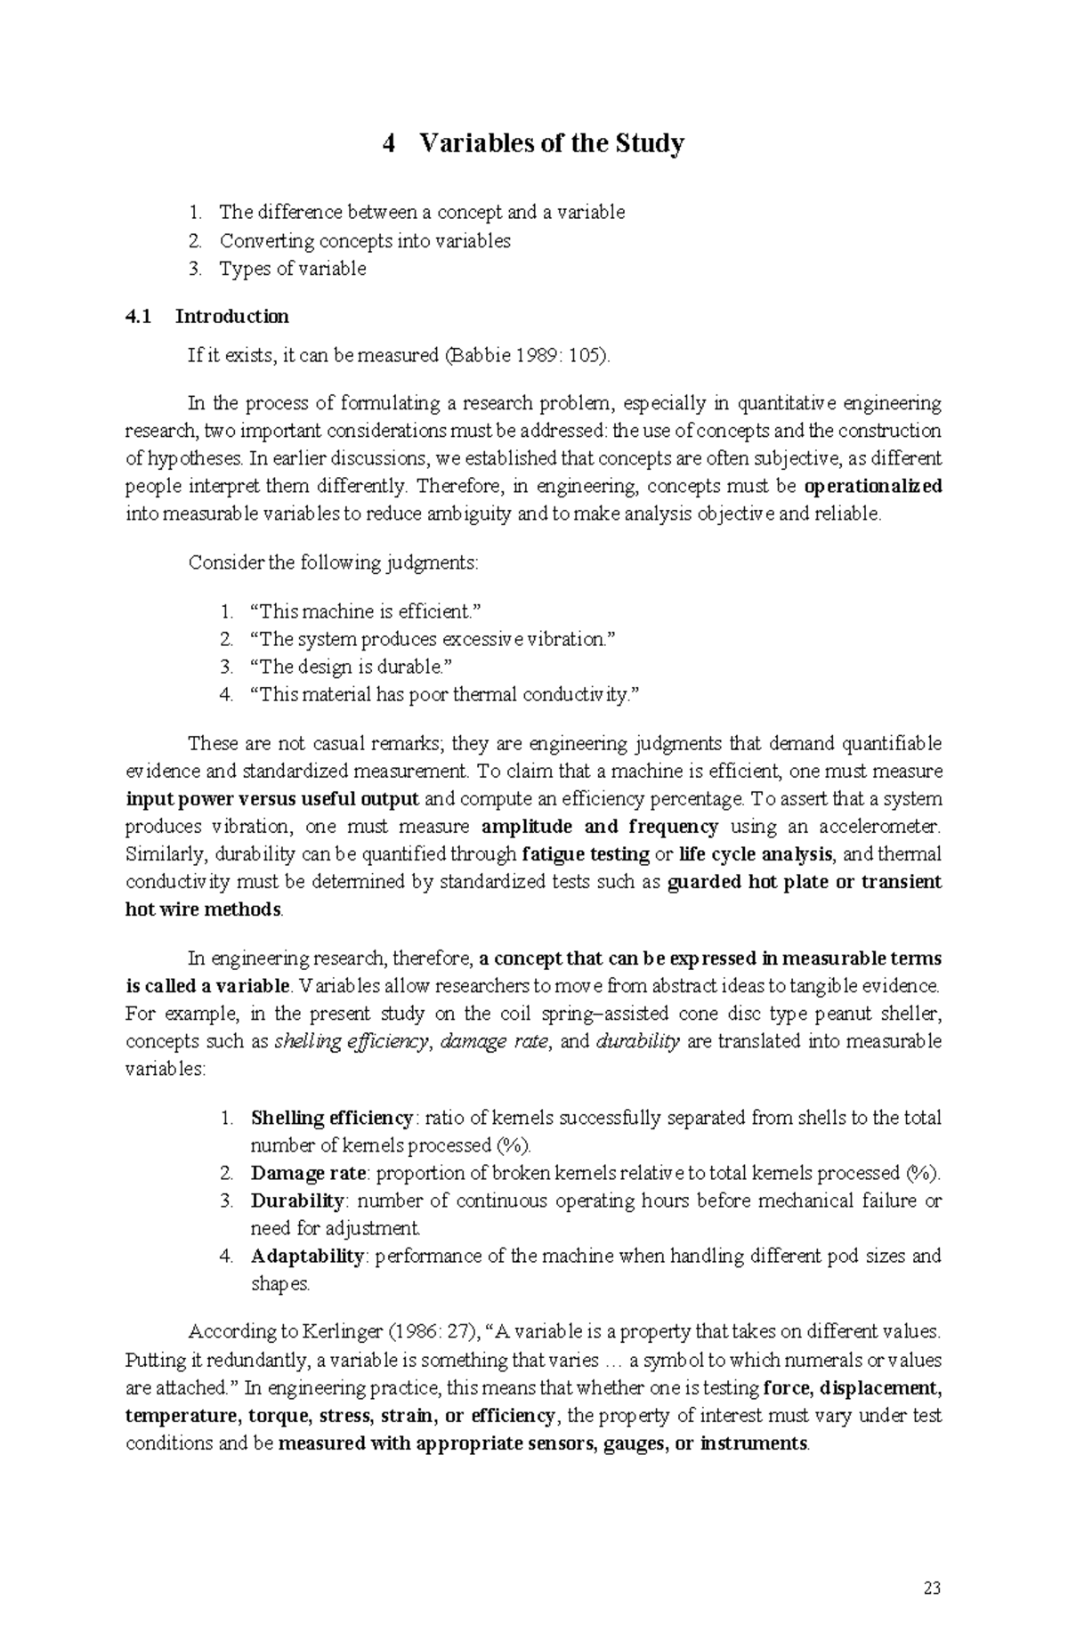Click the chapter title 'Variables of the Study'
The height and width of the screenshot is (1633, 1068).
(x=551, y=143)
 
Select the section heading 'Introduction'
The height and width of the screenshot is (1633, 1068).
(x=232, y=316)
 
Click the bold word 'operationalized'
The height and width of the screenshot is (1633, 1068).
(x=873, y=487)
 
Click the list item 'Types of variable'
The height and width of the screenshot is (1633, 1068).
(x=293, y=269)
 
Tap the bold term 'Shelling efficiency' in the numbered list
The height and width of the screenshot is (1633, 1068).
(x=332, y=1118)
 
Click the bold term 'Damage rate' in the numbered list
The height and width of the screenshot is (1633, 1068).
(x=308, y=1173)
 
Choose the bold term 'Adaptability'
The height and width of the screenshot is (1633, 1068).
(x=307, y=1256)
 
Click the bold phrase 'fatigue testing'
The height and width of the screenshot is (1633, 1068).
(x=585, y=854)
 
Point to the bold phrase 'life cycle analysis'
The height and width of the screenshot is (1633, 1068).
(x=756, y=854)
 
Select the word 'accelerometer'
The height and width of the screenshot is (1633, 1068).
(x=882, y=827)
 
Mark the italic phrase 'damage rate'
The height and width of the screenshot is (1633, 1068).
(x=495, y=1042)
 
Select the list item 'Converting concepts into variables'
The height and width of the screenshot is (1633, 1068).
(x=365, y=240)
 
